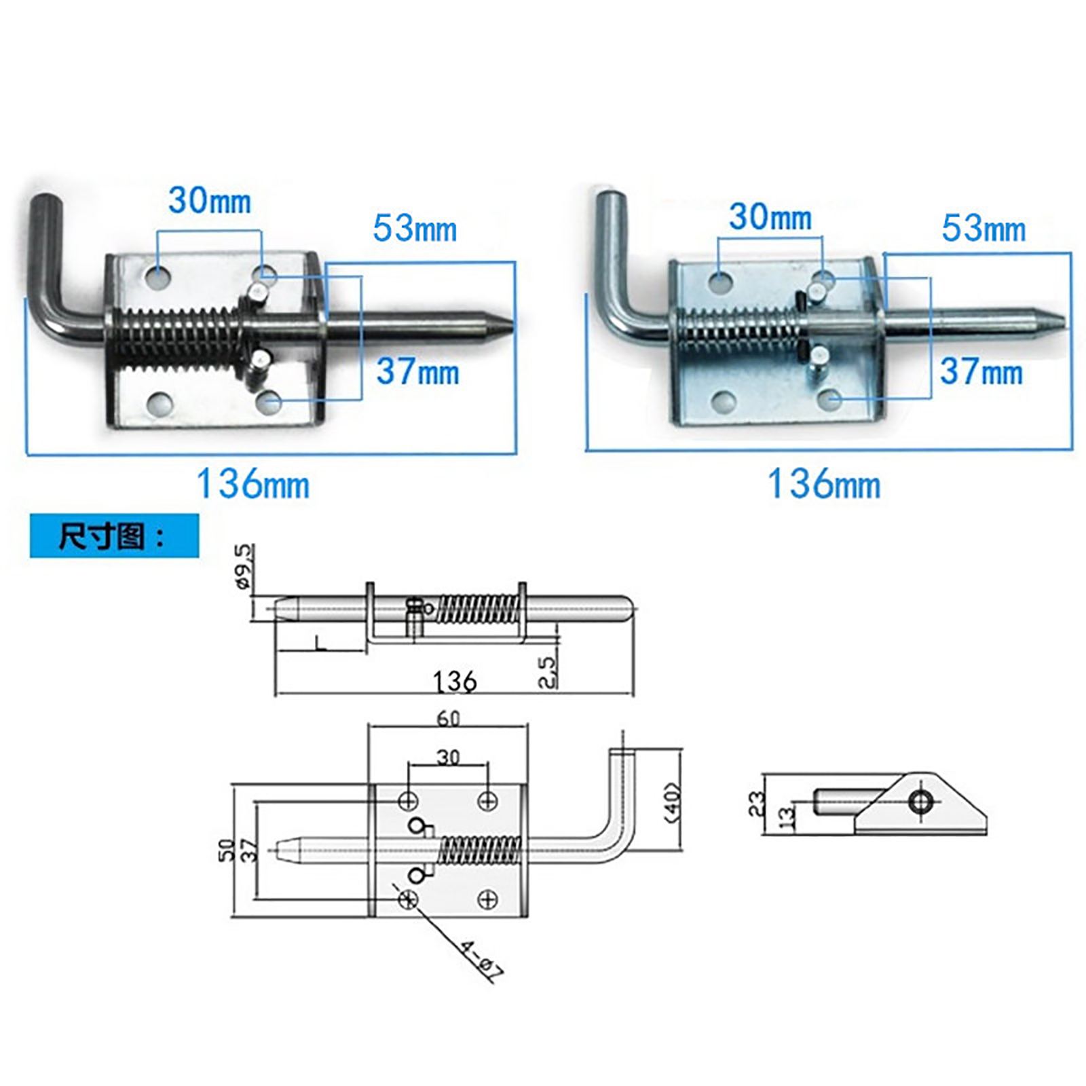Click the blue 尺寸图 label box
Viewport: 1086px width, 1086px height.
tap(114, 536)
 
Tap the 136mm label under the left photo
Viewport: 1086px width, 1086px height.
tap(252, 485)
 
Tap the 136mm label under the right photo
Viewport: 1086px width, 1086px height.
tap(824, 485)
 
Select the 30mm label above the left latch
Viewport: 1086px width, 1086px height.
tap(210, 200)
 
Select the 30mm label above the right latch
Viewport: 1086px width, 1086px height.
tap(770, 217)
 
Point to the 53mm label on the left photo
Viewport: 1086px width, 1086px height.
tap(415, 228)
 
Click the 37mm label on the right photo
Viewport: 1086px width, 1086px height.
tap(981, 372)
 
